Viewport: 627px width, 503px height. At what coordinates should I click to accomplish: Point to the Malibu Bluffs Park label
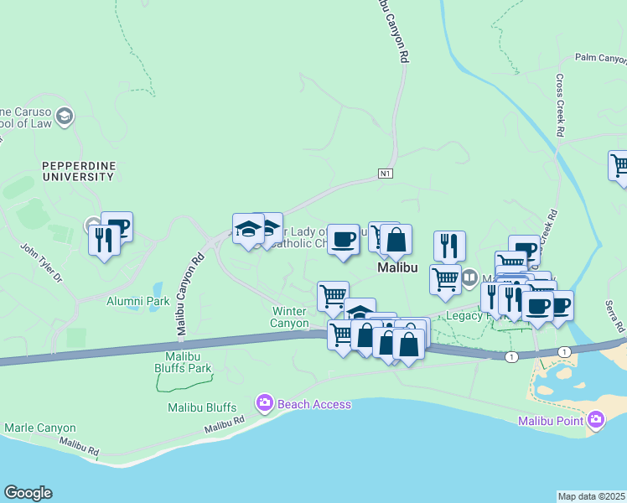tap(183, 361)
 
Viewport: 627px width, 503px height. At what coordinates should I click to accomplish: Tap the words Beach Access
tap(313, 405)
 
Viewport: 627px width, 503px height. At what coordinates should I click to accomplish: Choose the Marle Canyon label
tap(40, 428)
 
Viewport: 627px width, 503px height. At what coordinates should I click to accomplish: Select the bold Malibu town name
tap(397, 268)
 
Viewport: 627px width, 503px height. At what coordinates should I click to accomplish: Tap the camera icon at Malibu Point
tap(596, 419)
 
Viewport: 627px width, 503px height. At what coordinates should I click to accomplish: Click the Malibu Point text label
tap(551, 420)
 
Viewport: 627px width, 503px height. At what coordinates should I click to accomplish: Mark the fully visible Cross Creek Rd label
tap(560, 105)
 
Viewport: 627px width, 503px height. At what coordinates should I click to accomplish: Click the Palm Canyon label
tap(600, 59)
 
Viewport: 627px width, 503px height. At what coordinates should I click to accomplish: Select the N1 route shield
tap(385, 174)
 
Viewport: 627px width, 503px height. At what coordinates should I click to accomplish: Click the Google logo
tap(28, 493)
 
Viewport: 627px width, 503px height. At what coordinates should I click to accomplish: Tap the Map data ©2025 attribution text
tap(592, 496)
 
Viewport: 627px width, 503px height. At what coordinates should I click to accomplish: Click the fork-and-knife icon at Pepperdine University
tap(104, 240)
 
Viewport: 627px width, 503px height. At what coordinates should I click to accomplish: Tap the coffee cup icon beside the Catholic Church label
tap(342, 240)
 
